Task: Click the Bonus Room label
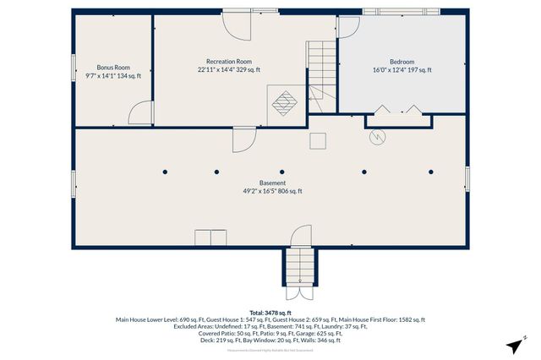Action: (x=112, y=67)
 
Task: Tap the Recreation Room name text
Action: (x=229, y=62)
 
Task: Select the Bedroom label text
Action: (x=402, y=62)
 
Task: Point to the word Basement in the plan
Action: (x=271, y=183)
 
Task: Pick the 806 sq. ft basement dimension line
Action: (x=271, y=191)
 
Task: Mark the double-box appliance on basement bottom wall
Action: (x=210, y=238)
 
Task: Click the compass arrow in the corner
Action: (x=513, y=346)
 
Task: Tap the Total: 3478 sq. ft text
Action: (x=270, y=312)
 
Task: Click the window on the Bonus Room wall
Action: (x=73, y=68)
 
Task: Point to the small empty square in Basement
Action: (x=318, y=139)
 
